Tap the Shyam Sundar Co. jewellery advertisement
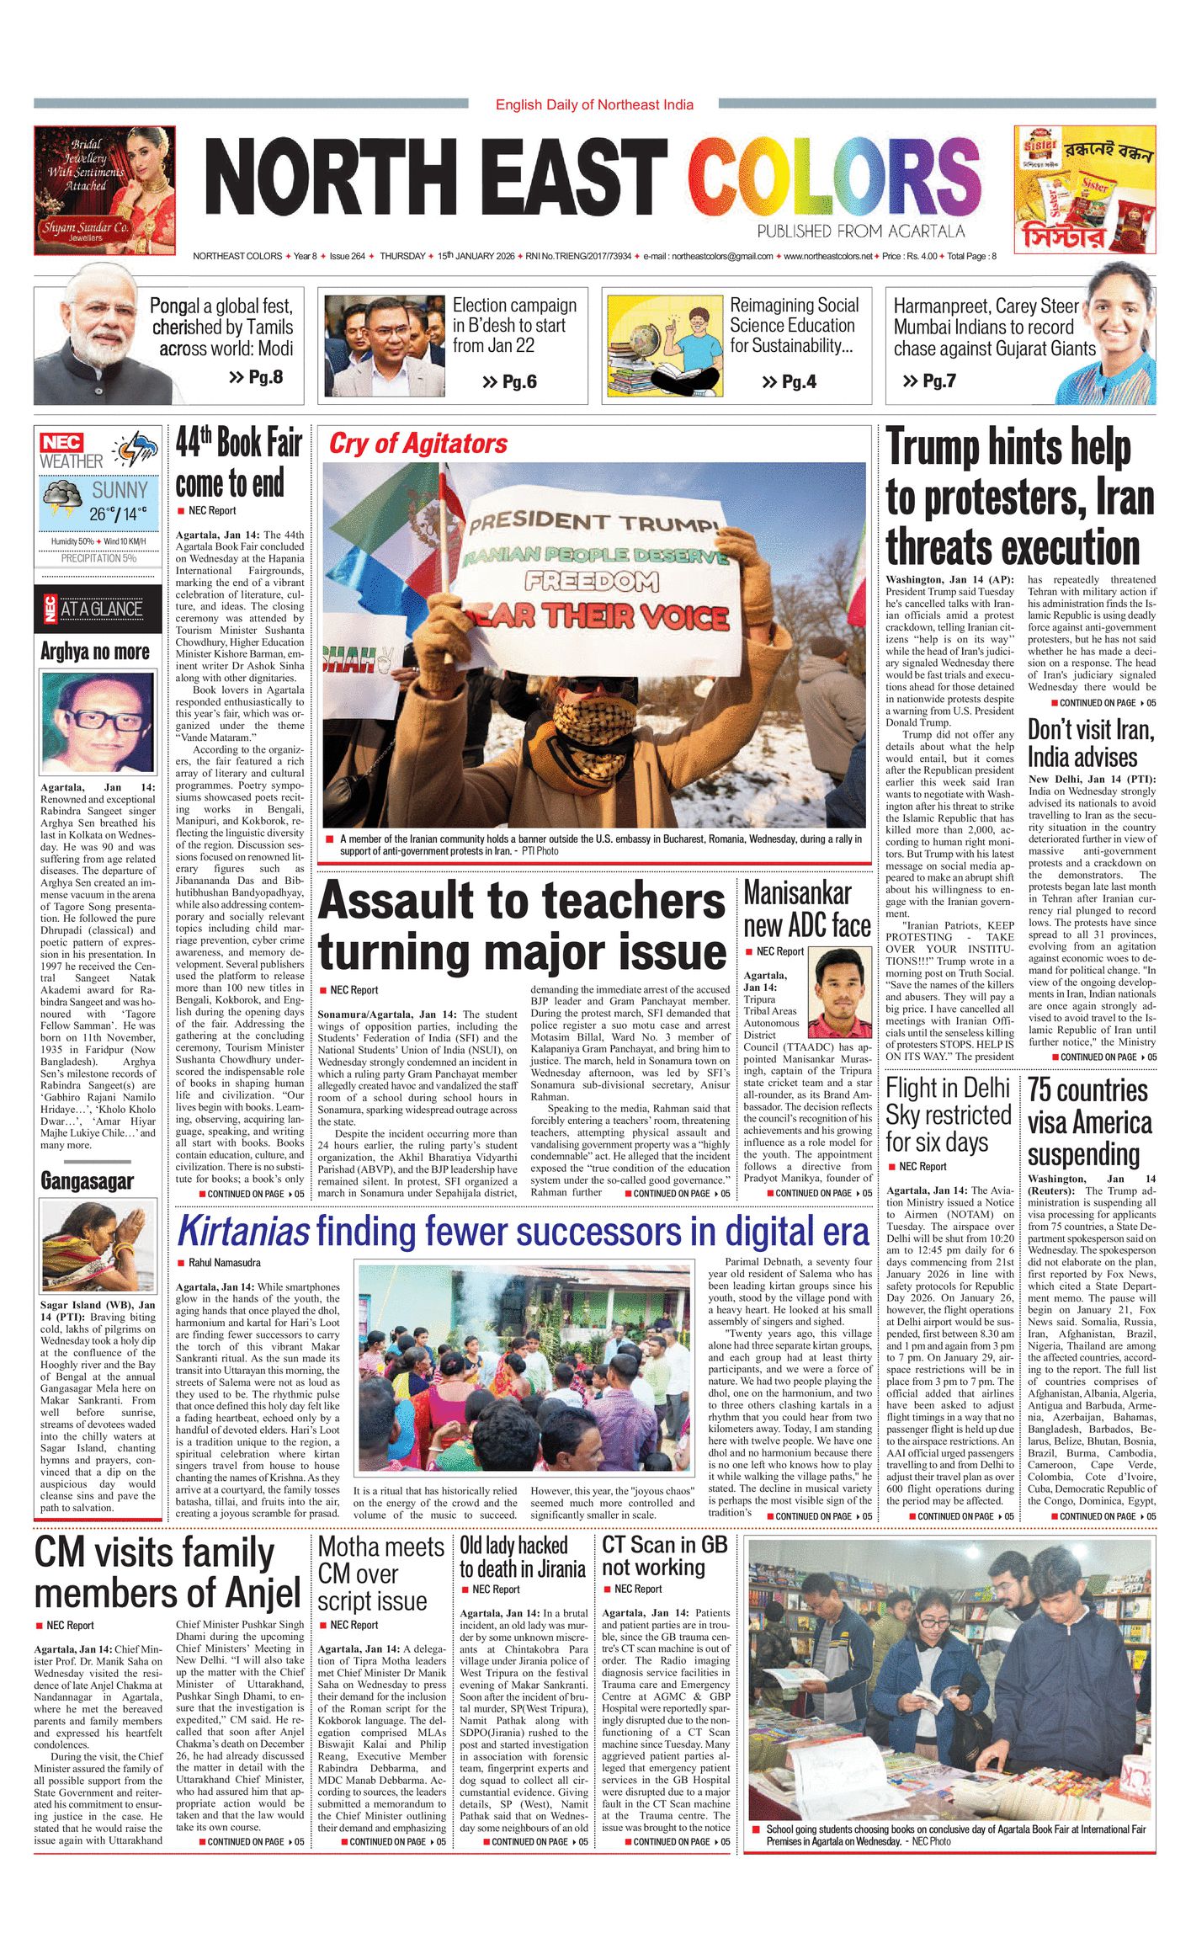[104, 190]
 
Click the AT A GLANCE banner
[98, 609]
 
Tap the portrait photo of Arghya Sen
[98, 723]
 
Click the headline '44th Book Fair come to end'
[238, 463]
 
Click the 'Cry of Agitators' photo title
[418, 444]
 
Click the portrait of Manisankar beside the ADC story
[839, 993]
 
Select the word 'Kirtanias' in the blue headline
[243, 1231]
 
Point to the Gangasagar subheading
[87, 1181]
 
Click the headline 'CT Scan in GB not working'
[664, 1556]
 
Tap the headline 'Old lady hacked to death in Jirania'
[522, 1557]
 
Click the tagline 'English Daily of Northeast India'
[594, 104]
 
